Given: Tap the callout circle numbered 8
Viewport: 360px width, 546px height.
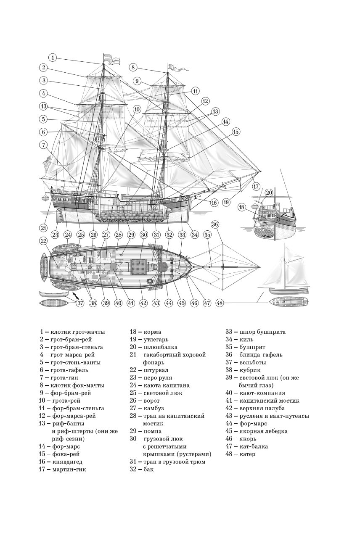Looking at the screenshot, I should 133,67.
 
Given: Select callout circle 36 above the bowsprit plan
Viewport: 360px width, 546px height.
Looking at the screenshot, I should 215,224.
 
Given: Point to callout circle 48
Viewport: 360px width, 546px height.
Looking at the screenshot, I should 220,303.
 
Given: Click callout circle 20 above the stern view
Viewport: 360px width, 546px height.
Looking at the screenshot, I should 269,193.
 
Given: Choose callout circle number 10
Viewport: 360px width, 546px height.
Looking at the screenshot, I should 137,109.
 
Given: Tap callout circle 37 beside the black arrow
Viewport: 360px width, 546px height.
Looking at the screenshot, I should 80,303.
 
